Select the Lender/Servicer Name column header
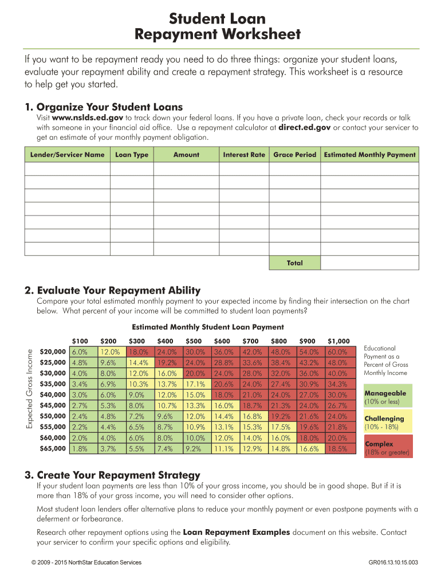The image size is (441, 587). point(66,155)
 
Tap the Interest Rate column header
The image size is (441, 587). point(244,155)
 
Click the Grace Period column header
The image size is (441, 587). point(294,155)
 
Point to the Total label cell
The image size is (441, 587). point(294,263)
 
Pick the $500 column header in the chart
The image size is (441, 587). point(194,341)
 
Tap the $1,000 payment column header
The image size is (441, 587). point(338,341)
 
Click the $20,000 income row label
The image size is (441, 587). point(53,352)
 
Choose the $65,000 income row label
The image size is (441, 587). point(53,449)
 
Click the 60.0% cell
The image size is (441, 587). point(338,352)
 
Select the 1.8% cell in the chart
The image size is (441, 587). point(80,449)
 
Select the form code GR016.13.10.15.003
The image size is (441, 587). point(393,562)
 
